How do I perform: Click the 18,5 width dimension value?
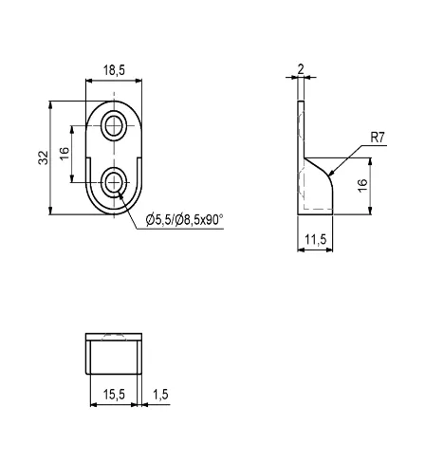pos(115,71)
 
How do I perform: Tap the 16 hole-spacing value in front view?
pos(64,153)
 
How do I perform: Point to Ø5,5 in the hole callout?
pos(158,222)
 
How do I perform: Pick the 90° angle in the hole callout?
pos(213,222)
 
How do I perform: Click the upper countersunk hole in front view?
pos(116,123)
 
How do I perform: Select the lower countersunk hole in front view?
pos(116,180)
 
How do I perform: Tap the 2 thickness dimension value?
pos(300,68)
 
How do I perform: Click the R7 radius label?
pos(377,138)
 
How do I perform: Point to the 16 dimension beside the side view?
pos(361,186)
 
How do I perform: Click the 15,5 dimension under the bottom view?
pos(114,394)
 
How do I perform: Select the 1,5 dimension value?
pos(158,394)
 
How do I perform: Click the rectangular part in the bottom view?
pos(115,359)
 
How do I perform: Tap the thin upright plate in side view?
pos(300,123)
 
